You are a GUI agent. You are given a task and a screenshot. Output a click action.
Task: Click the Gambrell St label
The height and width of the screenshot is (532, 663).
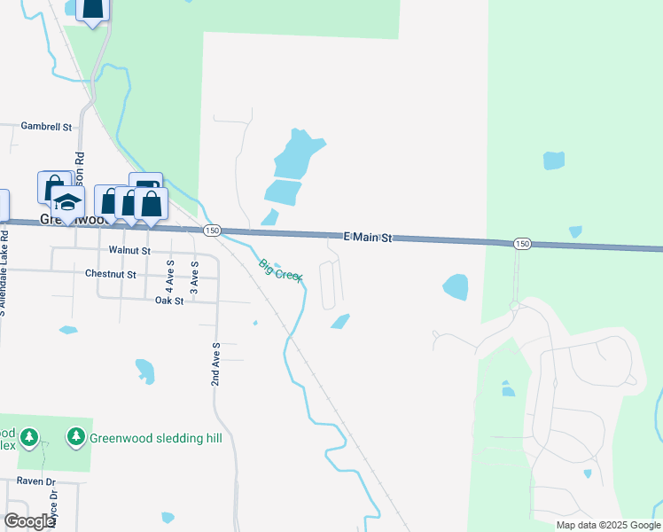click(46, 127)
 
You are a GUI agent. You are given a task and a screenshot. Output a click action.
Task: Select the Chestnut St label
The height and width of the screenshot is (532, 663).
click(110, 275)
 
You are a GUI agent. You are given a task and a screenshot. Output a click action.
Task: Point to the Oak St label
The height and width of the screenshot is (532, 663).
click(168, 301)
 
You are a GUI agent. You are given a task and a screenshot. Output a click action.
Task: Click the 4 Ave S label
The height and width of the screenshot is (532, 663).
click(170, 278)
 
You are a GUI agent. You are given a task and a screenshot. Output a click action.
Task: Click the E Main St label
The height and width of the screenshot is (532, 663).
click(367, 239)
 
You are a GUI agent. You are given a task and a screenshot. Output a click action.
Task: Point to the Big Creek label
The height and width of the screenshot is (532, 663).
click(281, 270)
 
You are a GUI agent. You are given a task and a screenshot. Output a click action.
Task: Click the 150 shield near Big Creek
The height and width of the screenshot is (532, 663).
click(211, 231)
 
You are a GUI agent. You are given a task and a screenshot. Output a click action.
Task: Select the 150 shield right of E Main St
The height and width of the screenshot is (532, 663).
click(522, 244)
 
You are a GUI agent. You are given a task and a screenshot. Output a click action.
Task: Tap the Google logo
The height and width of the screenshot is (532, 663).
click(29, 520)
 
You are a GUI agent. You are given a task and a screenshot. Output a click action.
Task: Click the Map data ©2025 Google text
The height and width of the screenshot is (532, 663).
click(607, 525)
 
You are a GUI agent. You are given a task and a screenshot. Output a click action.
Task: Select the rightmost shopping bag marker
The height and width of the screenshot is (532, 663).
click(151, 204)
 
